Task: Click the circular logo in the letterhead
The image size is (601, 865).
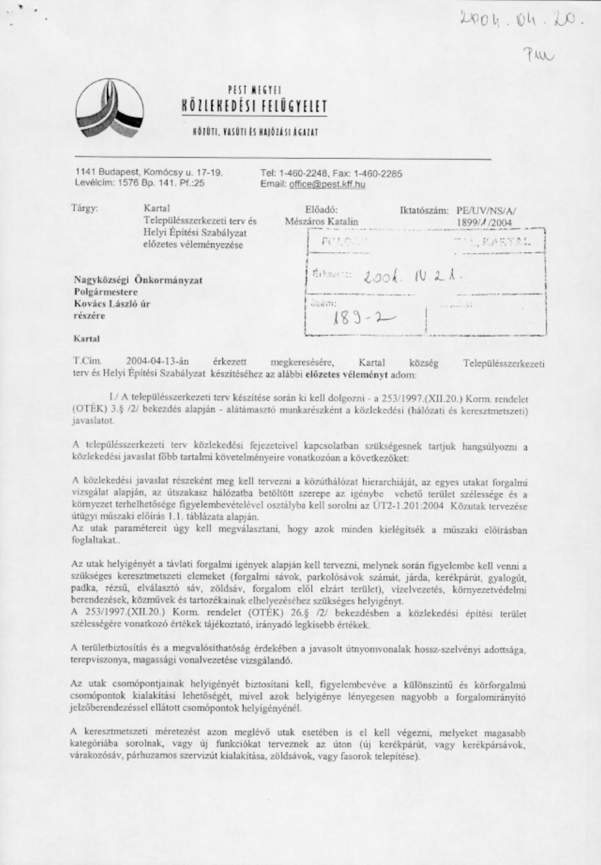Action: click(110, 109)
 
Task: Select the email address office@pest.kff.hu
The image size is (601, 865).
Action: click(327, 184)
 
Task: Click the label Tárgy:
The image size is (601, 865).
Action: click(85, 208)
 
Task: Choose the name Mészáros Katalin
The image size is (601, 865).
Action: click(322, 222)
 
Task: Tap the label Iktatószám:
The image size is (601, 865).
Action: click(424, 211)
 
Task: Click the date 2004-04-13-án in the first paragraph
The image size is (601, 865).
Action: click(157, 362)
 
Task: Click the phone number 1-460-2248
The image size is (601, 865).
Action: click(303, 174)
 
